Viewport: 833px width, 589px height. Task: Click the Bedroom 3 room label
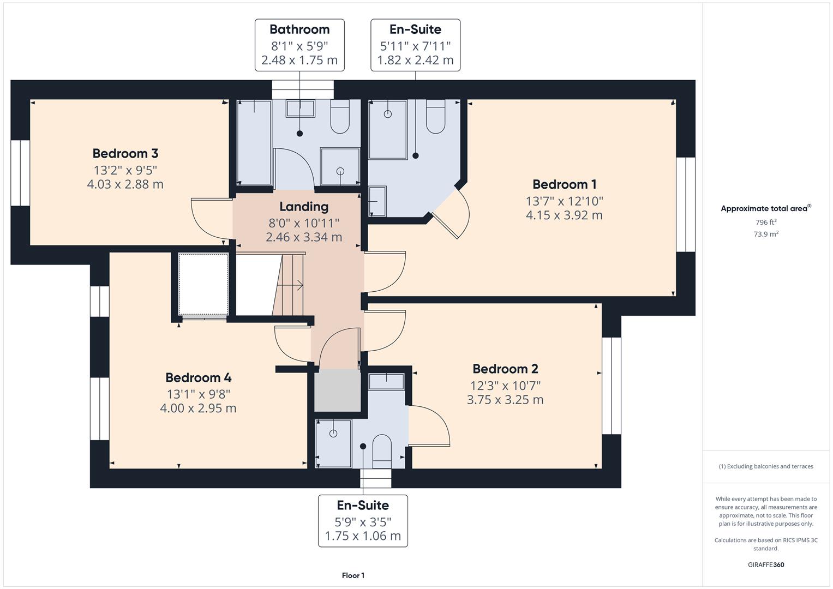[125, 153]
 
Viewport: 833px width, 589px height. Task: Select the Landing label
[304, 207]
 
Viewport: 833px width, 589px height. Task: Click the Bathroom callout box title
[299, 29]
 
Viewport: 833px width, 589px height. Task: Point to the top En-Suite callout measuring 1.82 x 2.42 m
[415, 45]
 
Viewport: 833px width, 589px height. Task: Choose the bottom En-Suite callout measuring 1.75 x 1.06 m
[363, 520]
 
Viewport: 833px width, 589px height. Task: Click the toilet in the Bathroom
[340, 117]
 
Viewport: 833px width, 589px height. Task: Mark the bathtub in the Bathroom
[254, 143]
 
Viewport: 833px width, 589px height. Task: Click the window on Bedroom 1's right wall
[686, 205]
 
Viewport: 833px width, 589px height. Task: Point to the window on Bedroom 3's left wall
[20, 173]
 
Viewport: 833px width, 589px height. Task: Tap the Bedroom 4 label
[198, 377]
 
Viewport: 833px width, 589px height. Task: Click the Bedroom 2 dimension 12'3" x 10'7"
[505, 386]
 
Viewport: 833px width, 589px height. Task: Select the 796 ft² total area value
[765, 223]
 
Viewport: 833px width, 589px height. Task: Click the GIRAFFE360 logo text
[765, 564]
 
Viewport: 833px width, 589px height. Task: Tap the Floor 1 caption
[353, 575]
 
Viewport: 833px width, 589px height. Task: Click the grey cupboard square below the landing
[338, 390]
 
